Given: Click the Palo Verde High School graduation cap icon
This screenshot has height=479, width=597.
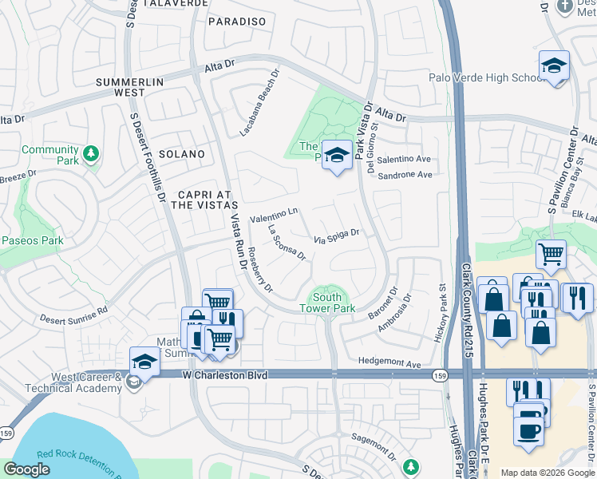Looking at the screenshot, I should pos(553,66).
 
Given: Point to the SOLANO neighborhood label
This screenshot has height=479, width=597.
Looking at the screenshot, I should pos(181,153).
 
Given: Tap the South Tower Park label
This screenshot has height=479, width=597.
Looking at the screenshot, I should pos(326,302).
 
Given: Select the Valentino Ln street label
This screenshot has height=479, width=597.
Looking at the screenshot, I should pos(274,215).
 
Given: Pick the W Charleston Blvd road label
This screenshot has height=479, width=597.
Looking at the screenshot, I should pos(223,374).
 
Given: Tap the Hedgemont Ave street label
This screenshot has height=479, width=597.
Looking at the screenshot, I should pos(389,363).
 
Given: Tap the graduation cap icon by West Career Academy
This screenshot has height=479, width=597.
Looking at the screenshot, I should pos(144,362).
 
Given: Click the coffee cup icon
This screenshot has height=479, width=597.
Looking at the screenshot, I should pos(528,430).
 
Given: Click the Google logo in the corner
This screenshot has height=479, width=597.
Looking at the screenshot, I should pos(28,469).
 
